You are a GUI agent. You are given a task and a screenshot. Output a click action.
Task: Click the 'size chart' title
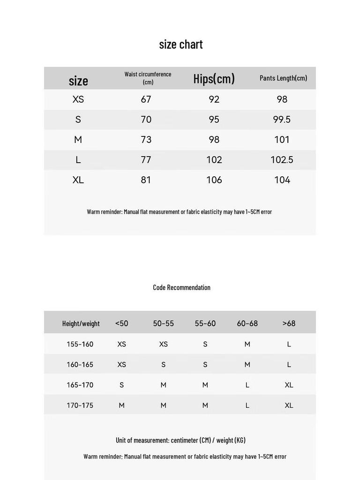pyautogui.click(x=180, y=45)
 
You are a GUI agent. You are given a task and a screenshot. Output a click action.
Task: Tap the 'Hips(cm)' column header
pyautogui.click(x=214, y=79)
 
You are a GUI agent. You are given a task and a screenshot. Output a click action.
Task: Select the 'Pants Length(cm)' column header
pyautogui.click(x=283, y=78)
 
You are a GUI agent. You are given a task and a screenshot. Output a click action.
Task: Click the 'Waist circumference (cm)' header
pyautogui.click(x=148, y=78)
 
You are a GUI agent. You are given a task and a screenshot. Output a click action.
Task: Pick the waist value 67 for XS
pyautogui.click(x=146, y=99)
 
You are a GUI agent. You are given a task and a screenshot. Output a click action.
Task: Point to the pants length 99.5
pyautogui.click(x=282, y=120)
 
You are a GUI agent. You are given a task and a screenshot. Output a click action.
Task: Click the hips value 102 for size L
pyautogui.click(x=214, y=160)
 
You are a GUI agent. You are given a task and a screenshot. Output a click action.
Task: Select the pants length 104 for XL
pyautogui.click(x=282, y=180)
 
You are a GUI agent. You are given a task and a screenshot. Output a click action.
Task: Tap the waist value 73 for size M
pyautogui.click(x=146, y=140)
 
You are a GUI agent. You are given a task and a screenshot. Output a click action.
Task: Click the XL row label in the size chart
pyautogui.click(x=78, y=180)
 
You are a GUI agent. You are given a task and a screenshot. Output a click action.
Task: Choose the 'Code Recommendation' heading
pyautogui.click(x=181, y=287)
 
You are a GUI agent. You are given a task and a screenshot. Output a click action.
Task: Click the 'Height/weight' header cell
pyautogui.click(x=81, y=323)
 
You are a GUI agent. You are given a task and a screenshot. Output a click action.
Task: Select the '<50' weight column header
pyautogui.click(x=121, y=323)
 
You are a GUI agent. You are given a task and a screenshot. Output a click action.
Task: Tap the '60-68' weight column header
pyautogui.click(x=247, y=323)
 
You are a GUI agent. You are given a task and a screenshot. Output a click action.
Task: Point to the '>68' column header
pyautogui.click(x=289, y=323)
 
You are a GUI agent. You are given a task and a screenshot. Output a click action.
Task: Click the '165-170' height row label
pyautogui.click(x=80, y=385)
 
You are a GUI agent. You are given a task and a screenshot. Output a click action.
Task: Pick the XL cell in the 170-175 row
pyautogui.click(x=289, y=405)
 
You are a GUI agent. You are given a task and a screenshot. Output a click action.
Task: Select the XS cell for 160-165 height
pyautogui.click(x=121, y=365)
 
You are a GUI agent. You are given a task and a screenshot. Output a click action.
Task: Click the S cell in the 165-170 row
pyautogui.click(x=121, y=385)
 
